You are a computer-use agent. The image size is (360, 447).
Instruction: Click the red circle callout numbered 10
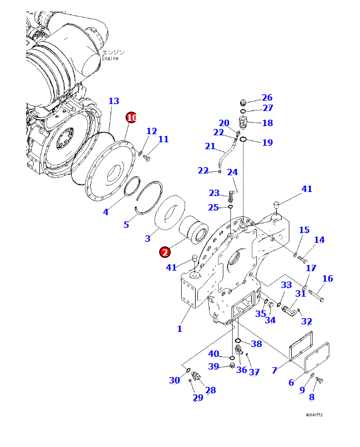pyautogui.click(x=131, y=117)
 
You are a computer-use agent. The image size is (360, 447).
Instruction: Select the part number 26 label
pyautogui.click(x=267, y=98)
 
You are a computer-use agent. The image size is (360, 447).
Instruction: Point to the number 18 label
pyautogui.click(x=267, y=123)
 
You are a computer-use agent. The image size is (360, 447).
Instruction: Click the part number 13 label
pyautogui.click(x=113, y=101)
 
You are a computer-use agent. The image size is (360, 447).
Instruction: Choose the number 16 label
pyautogui.click(x=328, y=279)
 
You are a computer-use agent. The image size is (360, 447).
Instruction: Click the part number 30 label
pyautogui.click(x=174, y=380)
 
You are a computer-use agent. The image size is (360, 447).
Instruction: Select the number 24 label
pyautogui.click(x=232, y=172)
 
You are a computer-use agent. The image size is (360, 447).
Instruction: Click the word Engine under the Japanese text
pyautogui.click(x=110, y=58)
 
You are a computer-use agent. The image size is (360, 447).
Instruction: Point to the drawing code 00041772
pyautogui.click(x=314, y=415)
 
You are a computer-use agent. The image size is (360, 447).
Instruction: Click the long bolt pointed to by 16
pyautogui.click(x=315, y=295)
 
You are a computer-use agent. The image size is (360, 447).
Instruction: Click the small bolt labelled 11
pyautogui.click(x=146, y=157)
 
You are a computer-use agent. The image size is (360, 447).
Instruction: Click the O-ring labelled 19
pyautogui.click(x=244, y=139)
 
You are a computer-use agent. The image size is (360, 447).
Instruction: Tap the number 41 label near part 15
pyautogui.click(x=307, y=189)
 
